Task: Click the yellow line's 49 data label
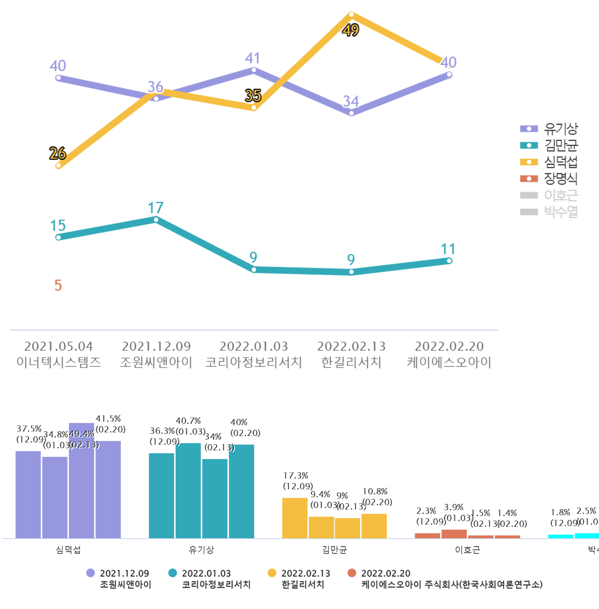(x=350, y=30)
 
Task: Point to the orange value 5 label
(x=58, y=286)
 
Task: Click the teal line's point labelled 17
(x=156, y=220)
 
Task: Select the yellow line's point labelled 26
(x=58, y=166)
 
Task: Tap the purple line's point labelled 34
(x=351, y=113)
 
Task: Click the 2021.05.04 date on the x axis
(x=58, y=346)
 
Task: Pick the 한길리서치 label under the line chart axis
(x=351, y=362)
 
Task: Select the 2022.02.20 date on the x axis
(x=449, y=346)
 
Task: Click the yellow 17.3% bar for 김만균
(x=295, y=518)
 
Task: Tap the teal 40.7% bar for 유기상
(x=188, y=491)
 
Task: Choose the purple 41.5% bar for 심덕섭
(x=108, y=489)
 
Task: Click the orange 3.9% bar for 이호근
(x=454, y=534)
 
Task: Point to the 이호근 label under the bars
(x=467, y=550)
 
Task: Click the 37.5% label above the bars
(x=29, y=429)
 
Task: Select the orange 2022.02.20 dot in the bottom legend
(x=352, y=573)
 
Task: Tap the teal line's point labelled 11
(x=449, y=261)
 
